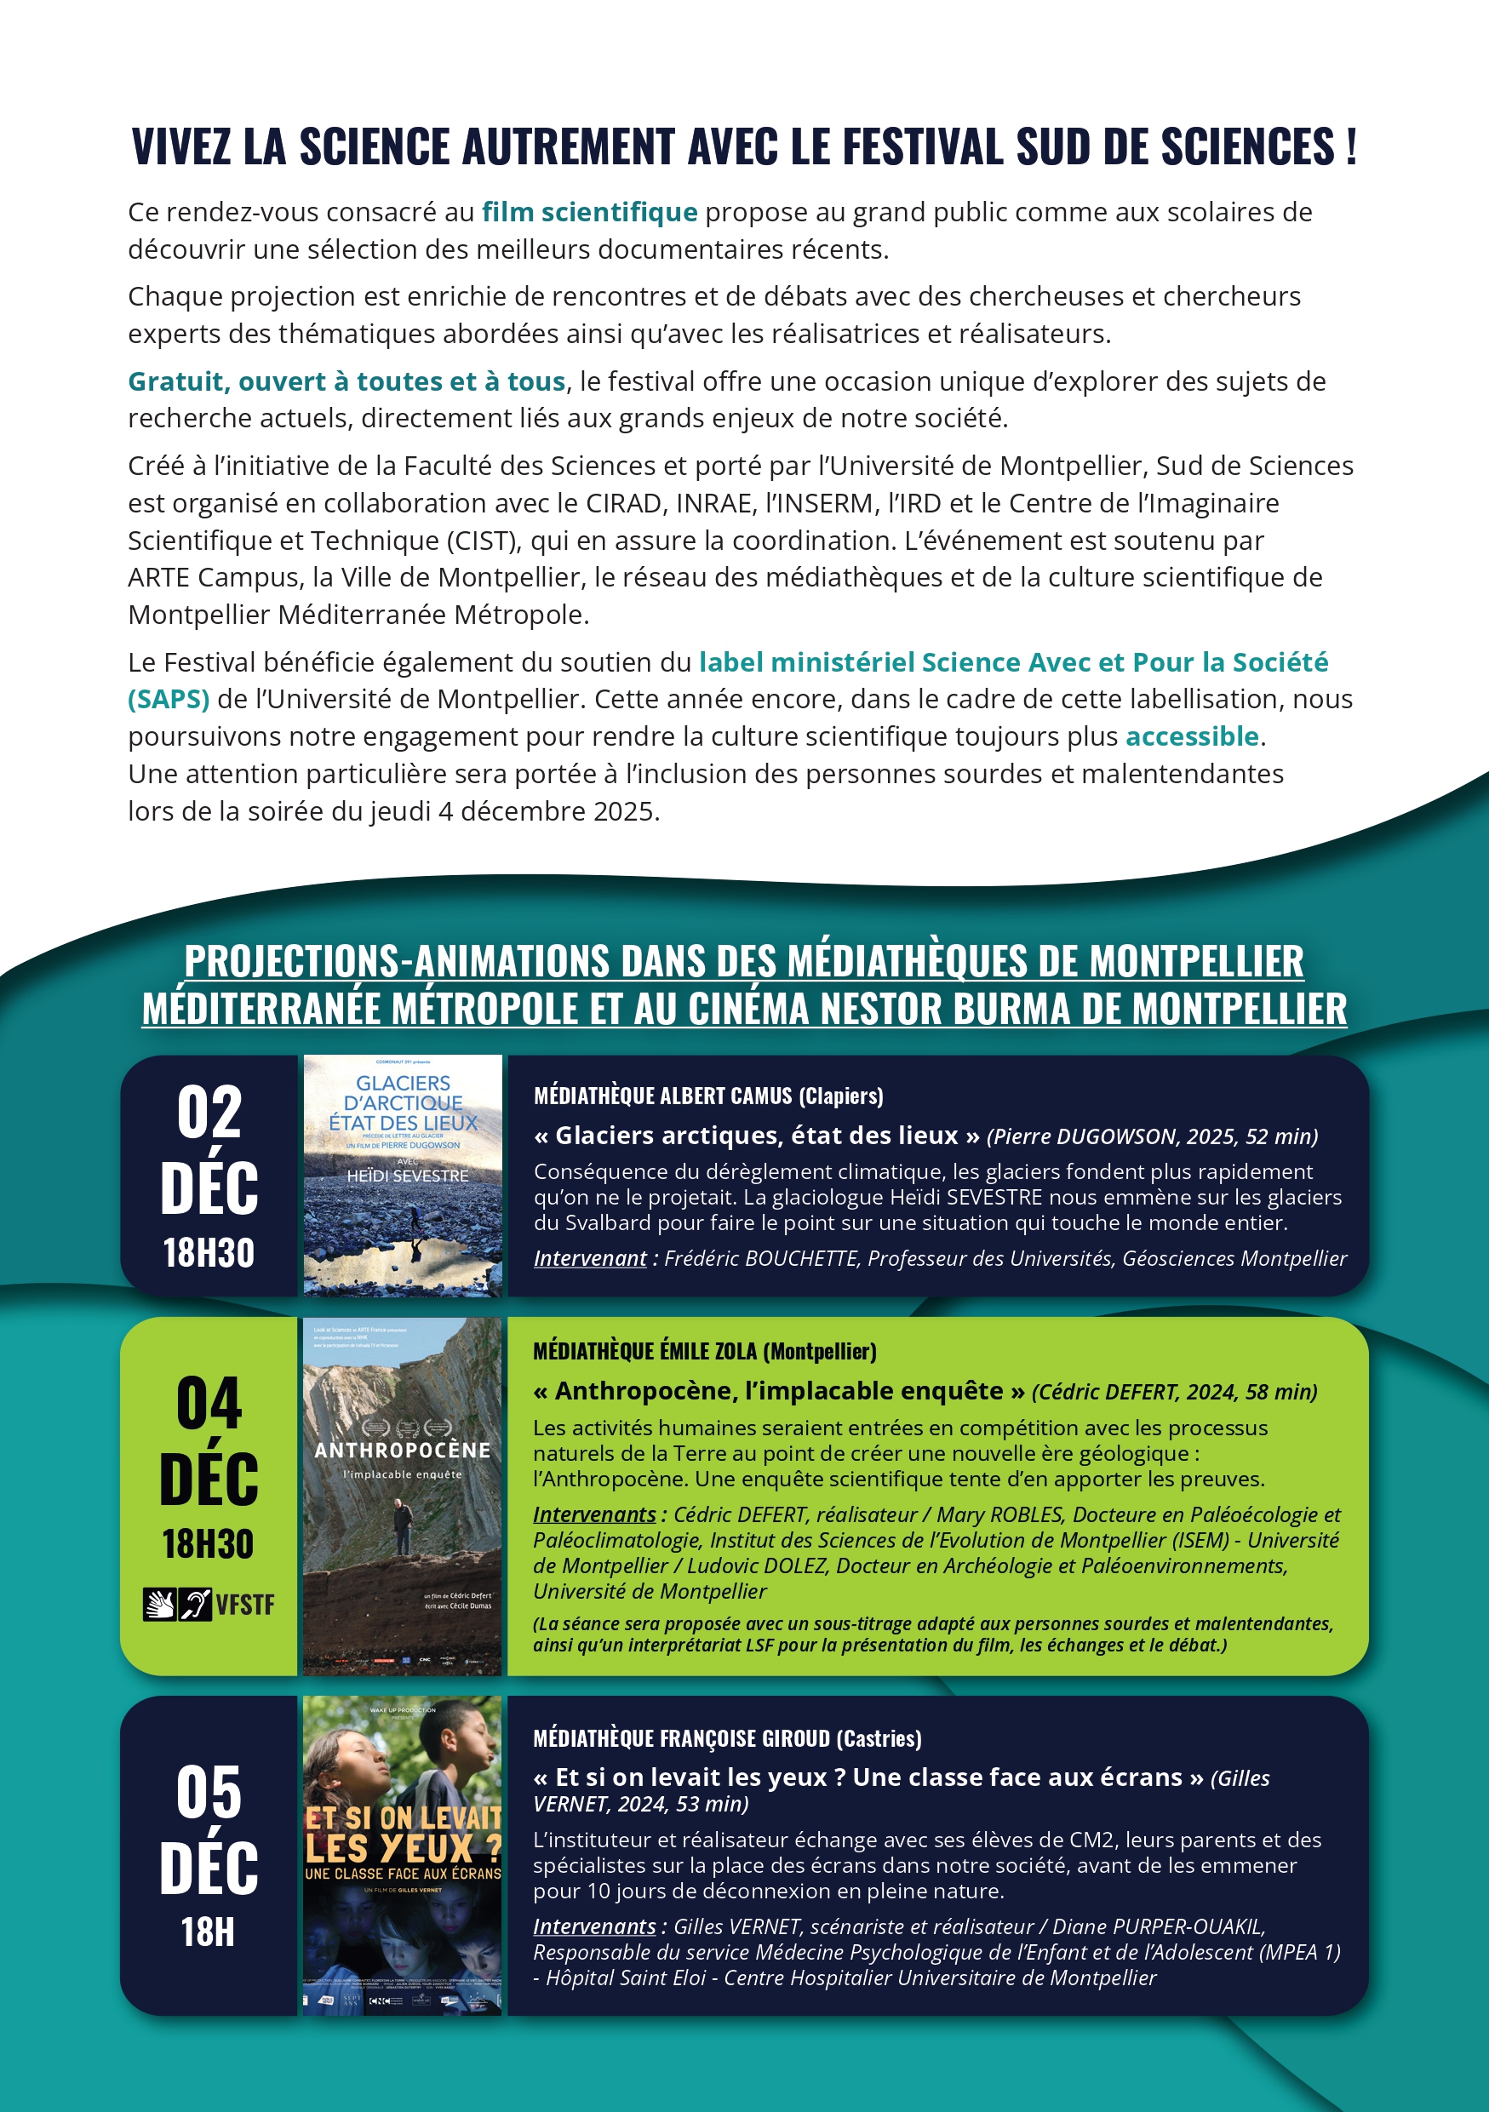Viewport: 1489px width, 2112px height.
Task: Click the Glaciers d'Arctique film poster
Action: pyautogui.click(x=403, y=1176)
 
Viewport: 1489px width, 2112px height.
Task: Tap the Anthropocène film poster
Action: pyautogui.click(x=403, y=1497)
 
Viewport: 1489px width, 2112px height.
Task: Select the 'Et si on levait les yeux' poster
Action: pyautogui.click(x=403, y=1856)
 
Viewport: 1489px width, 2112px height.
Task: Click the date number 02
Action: pyautogui.click(x=209, y=1113)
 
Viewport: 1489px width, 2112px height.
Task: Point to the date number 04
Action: pyautogui.click(x=209, y=1405)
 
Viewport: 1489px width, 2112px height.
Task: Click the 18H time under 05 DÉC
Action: pyautogui.click(x=208, y=1932)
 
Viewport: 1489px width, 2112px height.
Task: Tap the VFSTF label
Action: pyautogui.click(x=244, y=1605)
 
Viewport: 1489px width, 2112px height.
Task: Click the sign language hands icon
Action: pyautogui.click(x=159, y=1605)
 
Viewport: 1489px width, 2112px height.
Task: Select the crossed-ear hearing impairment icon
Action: pyautogui.click(x=195, y=1605)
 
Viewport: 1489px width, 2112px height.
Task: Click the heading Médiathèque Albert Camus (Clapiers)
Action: pyautogui.click(x=708, y=1096)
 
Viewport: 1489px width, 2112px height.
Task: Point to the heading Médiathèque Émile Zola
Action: pyautogui.click(x=705, y=1351)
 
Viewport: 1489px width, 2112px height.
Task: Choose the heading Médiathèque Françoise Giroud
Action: pyautogui.click(x=726, y=1738)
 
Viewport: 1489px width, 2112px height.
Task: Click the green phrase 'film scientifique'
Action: pyautogui.click(x=589, y=213)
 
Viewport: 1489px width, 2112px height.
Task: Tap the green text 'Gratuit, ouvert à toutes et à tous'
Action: pyautogui.click(x=346, y=381)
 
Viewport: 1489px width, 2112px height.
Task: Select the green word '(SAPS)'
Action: pyautogui.click(x=169, y=699)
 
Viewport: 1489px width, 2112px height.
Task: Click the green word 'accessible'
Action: pyautogui.click(x=1192, y=737)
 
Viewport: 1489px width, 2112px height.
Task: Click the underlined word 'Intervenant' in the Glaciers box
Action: pyautogui.click(x=591, y=1258)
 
